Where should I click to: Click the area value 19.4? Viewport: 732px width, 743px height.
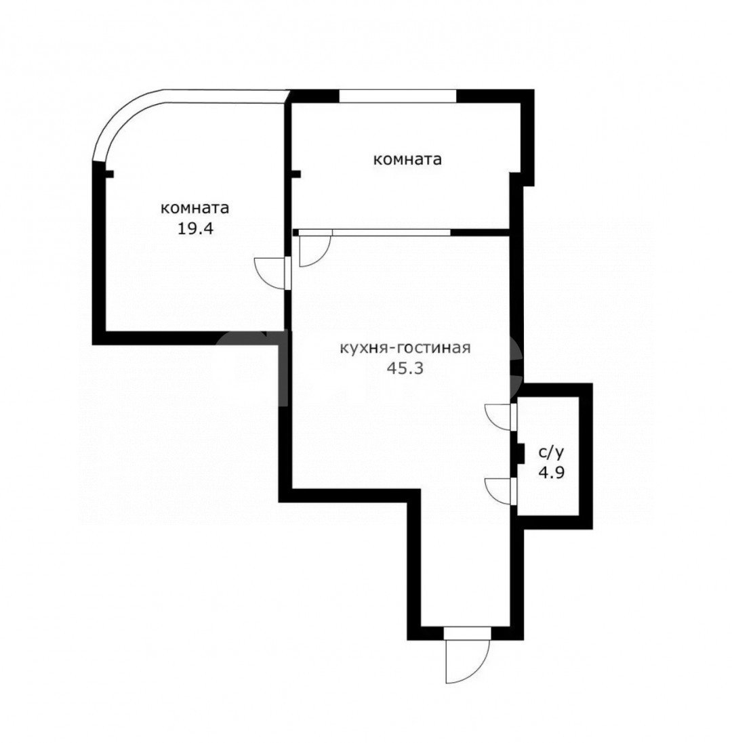click(195, 229)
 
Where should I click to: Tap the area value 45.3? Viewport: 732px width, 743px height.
click(405, 368)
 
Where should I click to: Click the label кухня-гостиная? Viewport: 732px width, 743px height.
click(405, 348)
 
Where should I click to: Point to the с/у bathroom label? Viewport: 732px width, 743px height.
click(551, 452)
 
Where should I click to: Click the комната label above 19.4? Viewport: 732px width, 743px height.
click(195, 208)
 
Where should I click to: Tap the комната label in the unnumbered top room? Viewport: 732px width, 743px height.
click(407, 159)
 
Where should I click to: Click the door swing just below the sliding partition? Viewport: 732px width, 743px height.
click(315, 251)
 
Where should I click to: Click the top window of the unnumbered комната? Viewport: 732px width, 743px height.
click(398, 95)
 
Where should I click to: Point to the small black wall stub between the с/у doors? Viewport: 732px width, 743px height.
click(520, 454)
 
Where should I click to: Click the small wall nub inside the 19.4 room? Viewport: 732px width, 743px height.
click(109, 174)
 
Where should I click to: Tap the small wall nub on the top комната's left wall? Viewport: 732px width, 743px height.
click(297, 174)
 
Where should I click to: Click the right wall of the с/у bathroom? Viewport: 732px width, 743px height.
click(586, 456)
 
